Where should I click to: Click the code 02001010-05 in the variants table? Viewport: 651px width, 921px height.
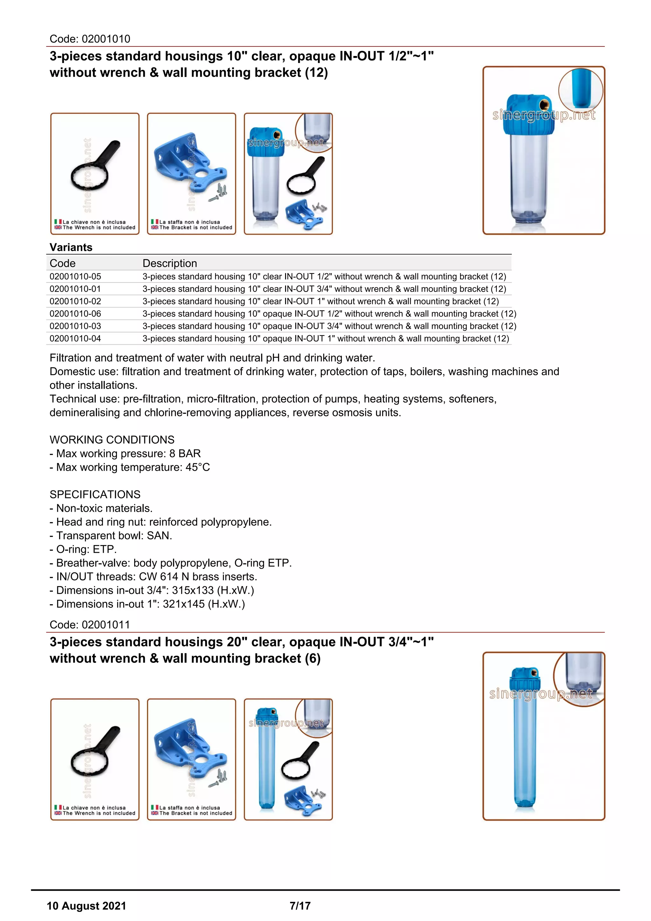pyautogui.click(x=75, y=276)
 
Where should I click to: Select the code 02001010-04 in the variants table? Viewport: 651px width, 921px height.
pyautogui.click(x=75, y=339)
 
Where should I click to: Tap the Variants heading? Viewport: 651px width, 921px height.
pyautogui.click(x=71, y=247)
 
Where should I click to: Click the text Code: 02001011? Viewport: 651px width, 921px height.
pyautogui.click(x=90, y=625)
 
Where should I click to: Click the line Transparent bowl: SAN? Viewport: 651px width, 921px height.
pyautogui.click(x=111, y=536)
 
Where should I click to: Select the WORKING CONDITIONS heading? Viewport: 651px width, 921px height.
pyautogui.click(x=112, y=440)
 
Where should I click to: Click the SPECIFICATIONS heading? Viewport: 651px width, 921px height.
pyautogui.click(x=95, y=494)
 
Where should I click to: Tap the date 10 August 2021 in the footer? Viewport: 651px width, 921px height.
pyautogui.click(x=86, y=906)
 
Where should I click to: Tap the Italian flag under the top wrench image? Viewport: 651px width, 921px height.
pyautogui.click(x=58, y=221)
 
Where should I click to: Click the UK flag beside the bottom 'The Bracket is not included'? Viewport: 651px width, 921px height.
pyautogui.click(x=154, y=813)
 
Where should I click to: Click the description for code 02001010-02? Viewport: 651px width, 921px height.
pyautogui.click(x=321, y=301)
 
